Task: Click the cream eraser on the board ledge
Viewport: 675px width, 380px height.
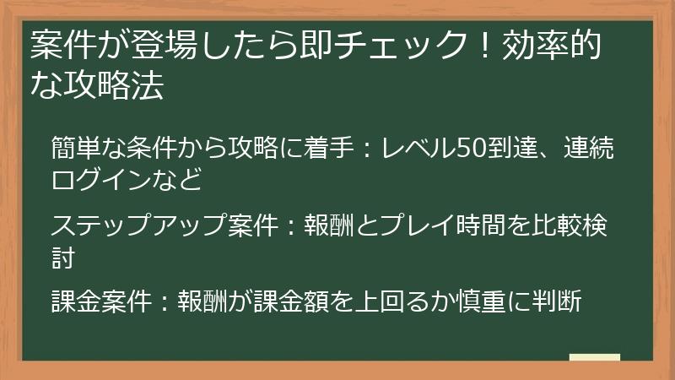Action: click(x=594, y=357)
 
